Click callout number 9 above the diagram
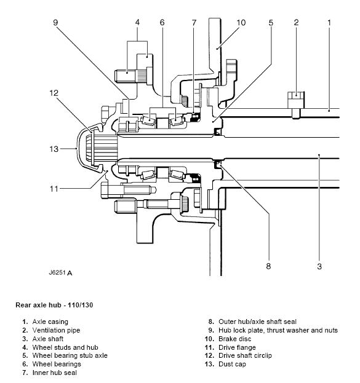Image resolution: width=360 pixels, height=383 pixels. click(55, 23)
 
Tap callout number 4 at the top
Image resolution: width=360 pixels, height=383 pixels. click(137, 23)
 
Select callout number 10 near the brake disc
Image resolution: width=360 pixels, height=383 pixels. click(241, 23)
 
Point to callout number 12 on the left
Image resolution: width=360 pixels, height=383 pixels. click(54, 93)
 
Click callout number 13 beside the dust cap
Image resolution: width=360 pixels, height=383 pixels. click(54, 149)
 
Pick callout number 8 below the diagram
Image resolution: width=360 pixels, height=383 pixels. click(268, 266)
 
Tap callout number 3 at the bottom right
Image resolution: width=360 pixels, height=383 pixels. click(319, 266)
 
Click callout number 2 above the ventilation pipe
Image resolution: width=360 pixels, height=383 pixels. click(296, 23)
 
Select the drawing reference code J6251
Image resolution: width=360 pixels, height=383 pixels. click(57, 272)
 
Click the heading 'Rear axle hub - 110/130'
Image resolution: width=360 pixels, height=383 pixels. click(54, 305)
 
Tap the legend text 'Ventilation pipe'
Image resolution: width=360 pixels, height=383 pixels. click(56, 330)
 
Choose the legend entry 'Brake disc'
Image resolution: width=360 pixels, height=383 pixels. click(235, 339)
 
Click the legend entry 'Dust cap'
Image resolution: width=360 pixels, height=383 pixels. click(233, 364)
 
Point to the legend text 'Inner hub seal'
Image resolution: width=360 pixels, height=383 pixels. click(55, 373)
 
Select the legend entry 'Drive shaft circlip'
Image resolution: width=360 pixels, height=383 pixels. click(245, 355)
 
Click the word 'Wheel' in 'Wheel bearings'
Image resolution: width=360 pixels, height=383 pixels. click(41, 364)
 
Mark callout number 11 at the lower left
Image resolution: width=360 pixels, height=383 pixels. click(54, 189)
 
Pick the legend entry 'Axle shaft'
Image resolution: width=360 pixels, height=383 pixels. click(48, 339)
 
